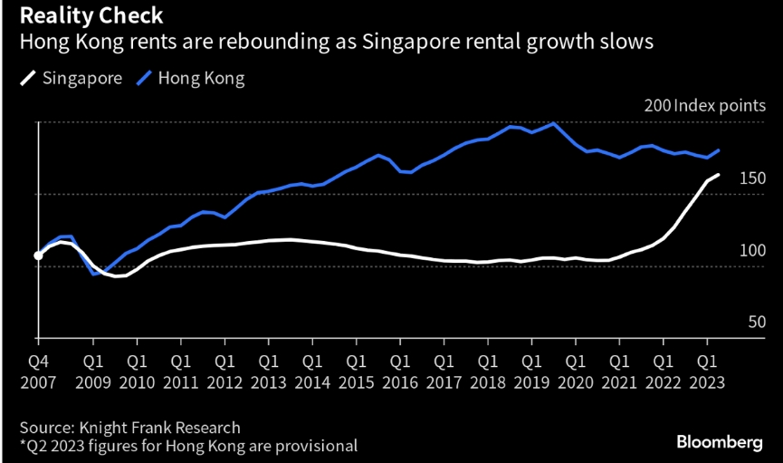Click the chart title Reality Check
pyautogui.click(x=87, y=15)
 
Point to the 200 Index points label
pyautogui.click(x=704, y=106)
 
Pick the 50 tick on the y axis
pyautogui.click(x=758, y=322)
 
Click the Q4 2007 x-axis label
pyautogui.click(x=38, y=371)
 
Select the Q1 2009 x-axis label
pyautogui.click(x=93, y=371)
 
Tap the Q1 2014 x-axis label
pyautogui.click(x=312, y=371)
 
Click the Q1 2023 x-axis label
pyautogui.click(x=707, y=371)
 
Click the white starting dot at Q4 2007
pyautogui.click(x=38, y=256)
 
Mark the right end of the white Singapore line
pyautogui.click(x=719, y=175)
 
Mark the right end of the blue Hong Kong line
pyautogui.click(x=719, y=150)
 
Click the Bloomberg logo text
pyautogui.click(x=719, y=442)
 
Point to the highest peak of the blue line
pyautogui.click(x=553, y=123)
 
